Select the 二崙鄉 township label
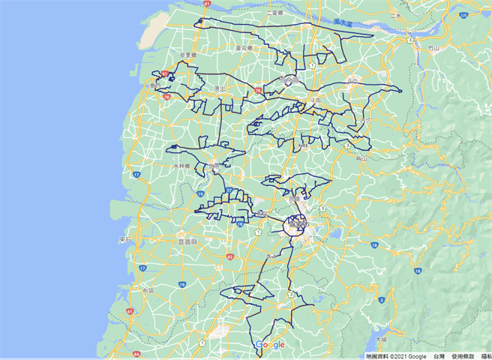pos(272,13)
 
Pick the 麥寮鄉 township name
pos(187,55)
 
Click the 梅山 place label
pos(362,158)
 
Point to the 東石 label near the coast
pos(125,240)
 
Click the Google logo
pos(270,345)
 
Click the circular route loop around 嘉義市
pos(296,224)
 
